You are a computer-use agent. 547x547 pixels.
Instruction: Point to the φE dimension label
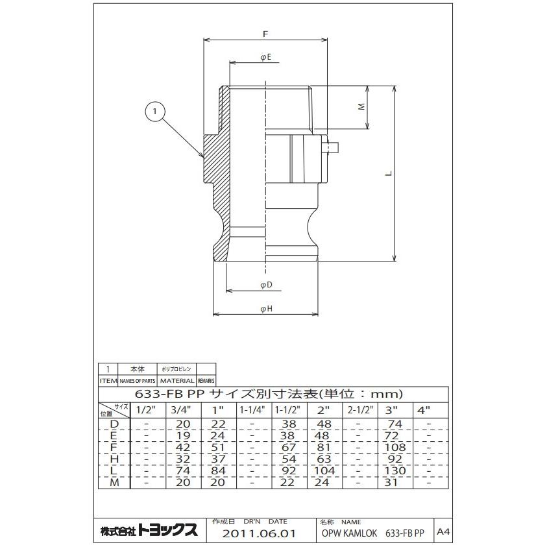265,57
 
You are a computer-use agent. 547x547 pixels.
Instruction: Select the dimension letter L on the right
387,174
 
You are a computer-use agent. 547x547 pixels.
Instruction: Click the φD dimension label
265,285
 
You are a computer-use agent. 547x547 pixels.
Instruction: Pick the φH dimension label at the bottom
265,310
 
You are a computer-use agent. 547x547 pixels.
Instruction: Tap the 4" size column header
424,410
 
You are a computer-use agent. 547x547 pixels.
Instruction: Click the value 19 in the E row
182,435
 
